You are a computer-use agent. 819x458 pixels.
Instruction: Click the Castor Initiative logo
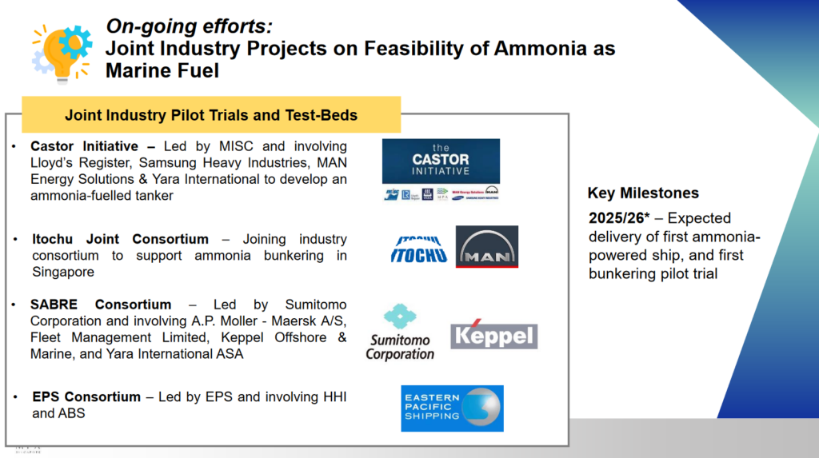[441, 162]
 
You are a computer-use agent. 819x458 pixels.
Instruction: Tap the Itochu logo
[418, 247]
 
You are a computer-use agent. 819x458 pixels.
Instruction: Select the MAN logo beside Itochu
[486, 247]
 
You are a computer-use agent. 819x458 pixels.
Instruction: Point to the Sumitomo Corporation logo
[400, 333]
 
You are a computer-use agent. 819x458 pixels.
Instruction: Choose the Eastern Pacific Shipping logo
[452, 408]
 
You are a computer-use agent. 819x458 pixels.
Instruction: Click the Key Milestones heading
[643, 193]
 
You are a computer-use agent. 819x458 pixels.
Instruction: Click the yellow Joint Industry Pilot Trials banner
[211, 115]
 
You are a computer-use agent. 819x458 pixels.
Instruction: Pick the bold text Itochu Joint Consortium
[120, 239]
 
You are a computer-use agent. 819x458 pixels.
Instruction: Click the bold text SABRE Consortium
[101, 305]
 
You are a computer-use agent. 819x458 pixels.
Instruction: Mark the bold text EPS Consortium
[86, 397]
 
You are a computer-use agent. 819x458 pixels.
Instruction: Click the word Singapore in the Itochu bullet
[63, 272]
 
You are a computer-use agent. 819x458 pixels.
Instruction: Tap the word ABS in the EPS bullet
[70, 413]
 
